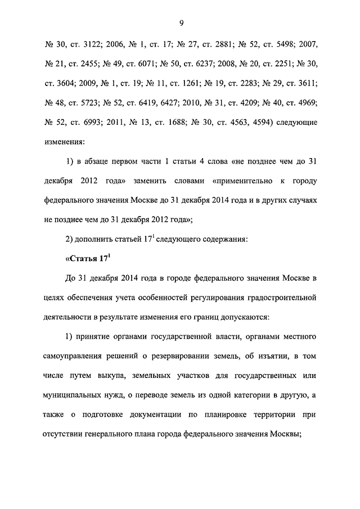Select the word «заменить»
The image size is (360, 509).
click(172, 181)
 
